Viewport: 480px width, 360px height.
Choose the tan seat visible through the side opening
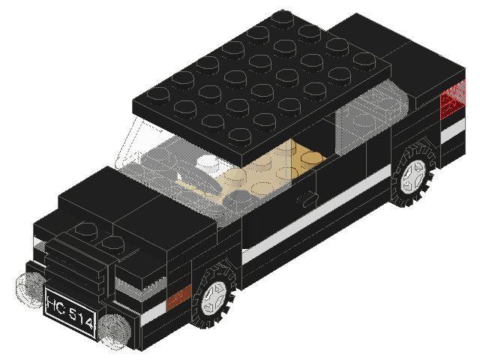[x=300, y=157]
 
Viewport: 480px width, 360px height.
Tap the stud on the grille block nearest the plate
[x=112, y=241]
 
